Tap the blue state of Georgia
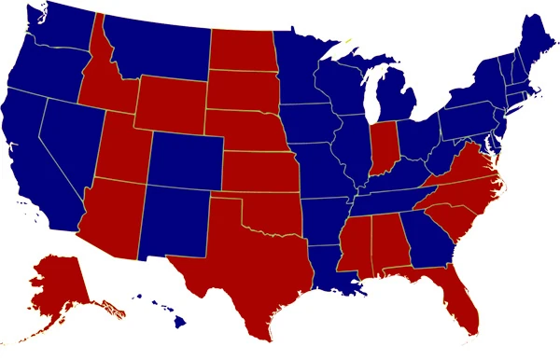pyautogui.click(x=424, y=238)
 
